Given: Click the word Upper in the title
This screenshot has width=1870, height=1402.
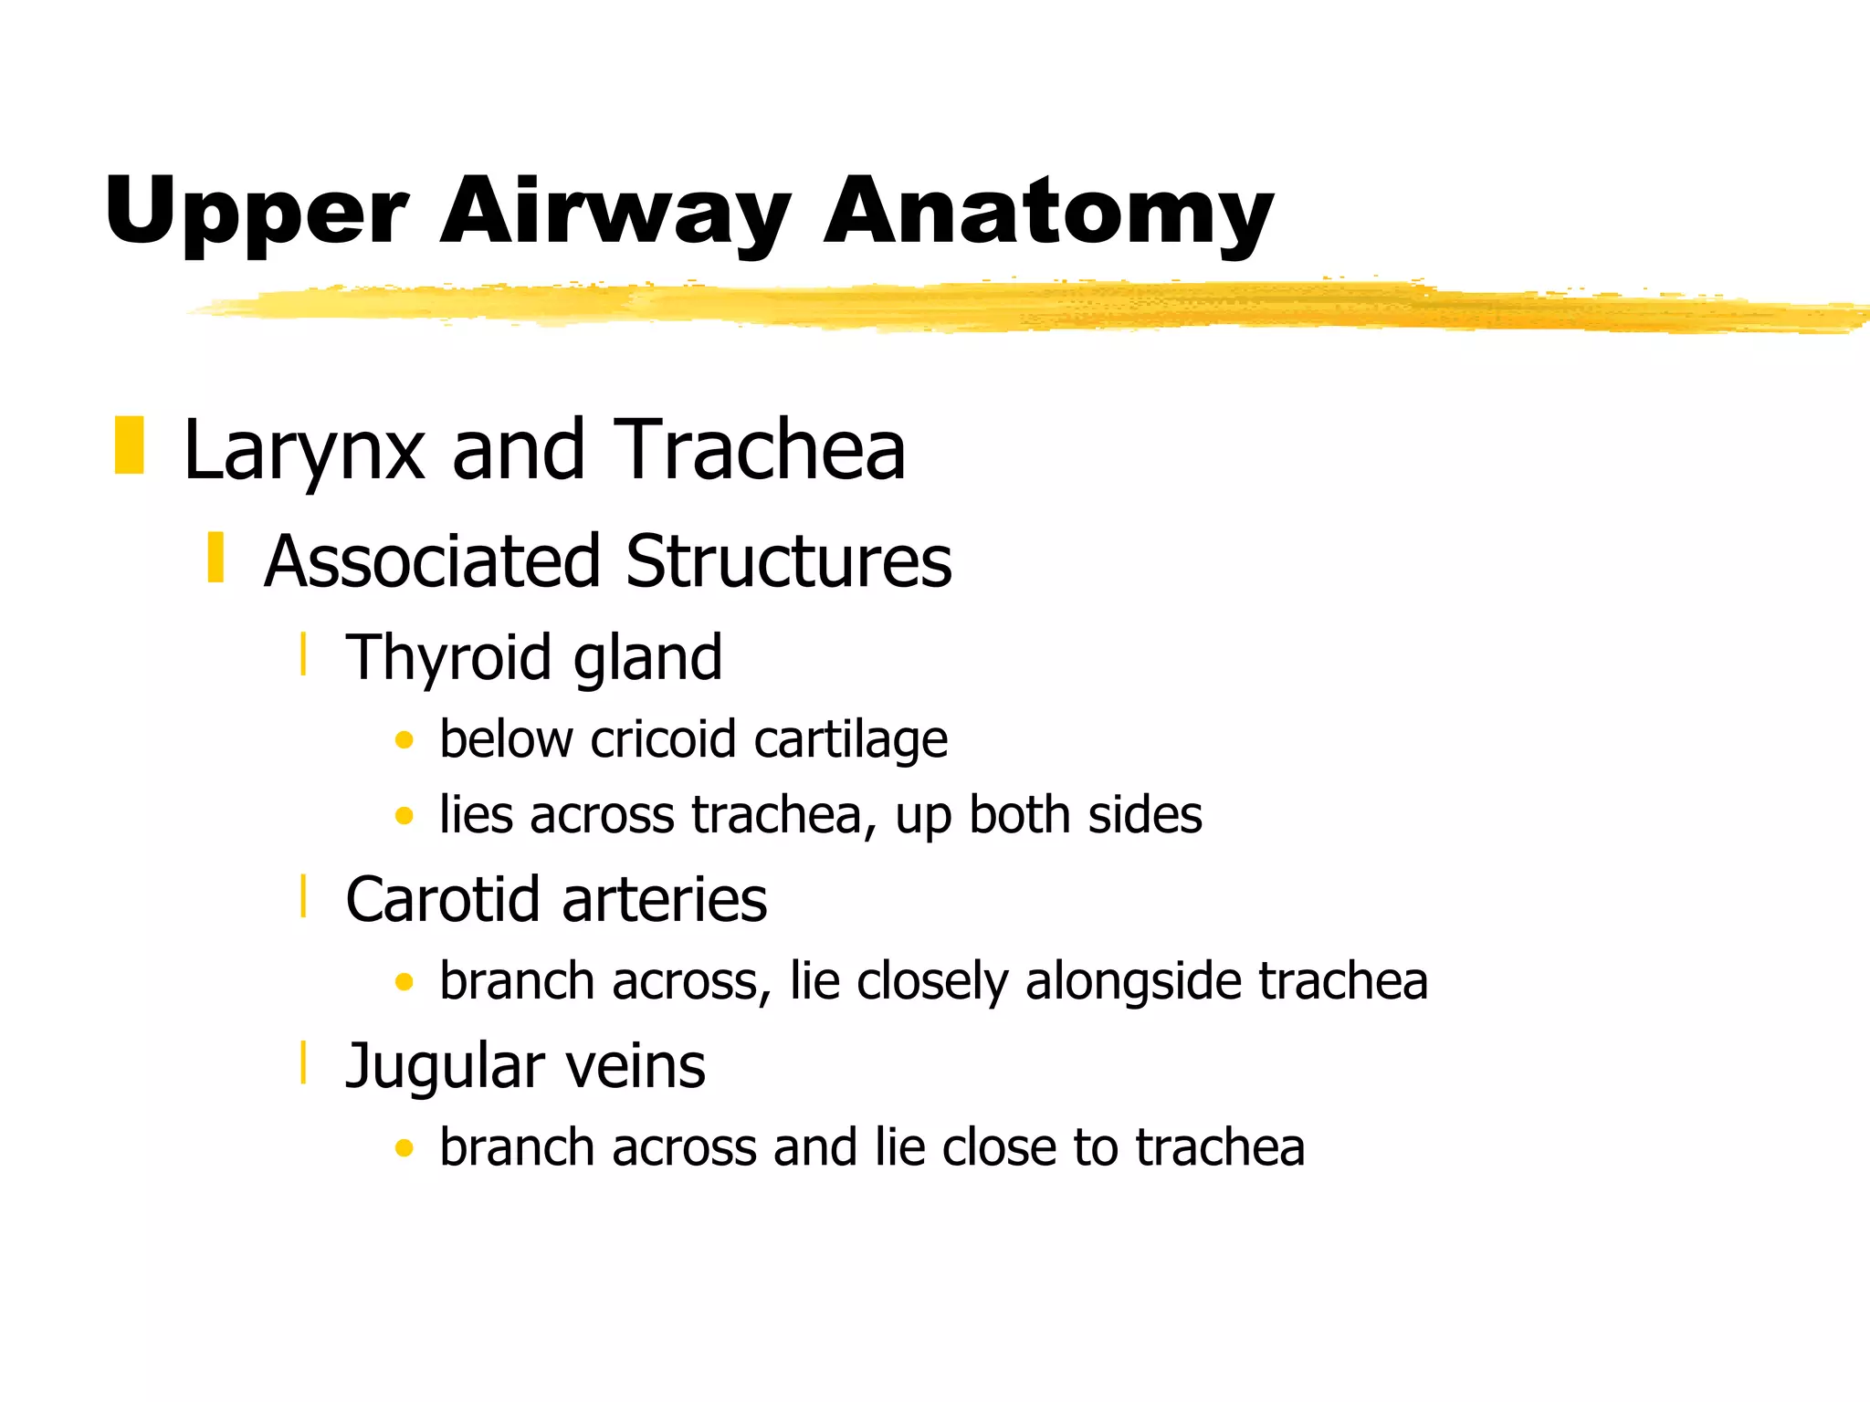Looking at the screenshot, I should tap(256, 212).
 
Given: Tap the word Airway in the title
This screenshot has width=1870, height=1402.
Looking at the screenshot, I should tap(615, 212).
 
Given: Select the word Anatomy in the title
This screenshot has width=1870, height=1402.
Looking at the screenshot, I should tap(1047, 212).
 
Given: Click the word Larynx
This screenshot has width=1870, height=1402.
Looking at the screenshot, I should tap(304, 450).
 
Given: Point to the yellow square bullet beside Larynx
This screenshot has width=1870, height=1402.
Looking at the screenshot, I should tap(129, 445).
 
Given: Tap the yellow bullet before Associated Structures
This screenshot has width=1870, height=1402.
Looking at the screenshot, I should tap(215, 557).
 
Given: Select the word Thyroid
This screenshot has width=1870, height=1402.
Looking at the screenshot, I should tap(448, 658).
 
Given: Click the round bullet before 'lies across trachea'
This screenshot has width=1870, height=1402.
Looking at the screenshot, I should tap(404, 815).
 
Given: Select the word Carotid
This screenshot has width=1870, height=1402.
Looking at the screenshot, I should tap(444, 900).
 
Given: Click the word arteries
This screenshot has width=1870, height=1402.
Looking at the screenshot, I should tap(665, 900).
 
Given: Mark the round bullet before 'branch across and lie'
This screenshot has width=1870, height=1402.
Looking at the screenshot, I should tap(404, 1147).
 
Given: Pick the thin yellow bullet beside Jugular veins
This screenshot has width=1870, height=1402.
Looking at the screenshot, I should tap(303, 1062).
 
